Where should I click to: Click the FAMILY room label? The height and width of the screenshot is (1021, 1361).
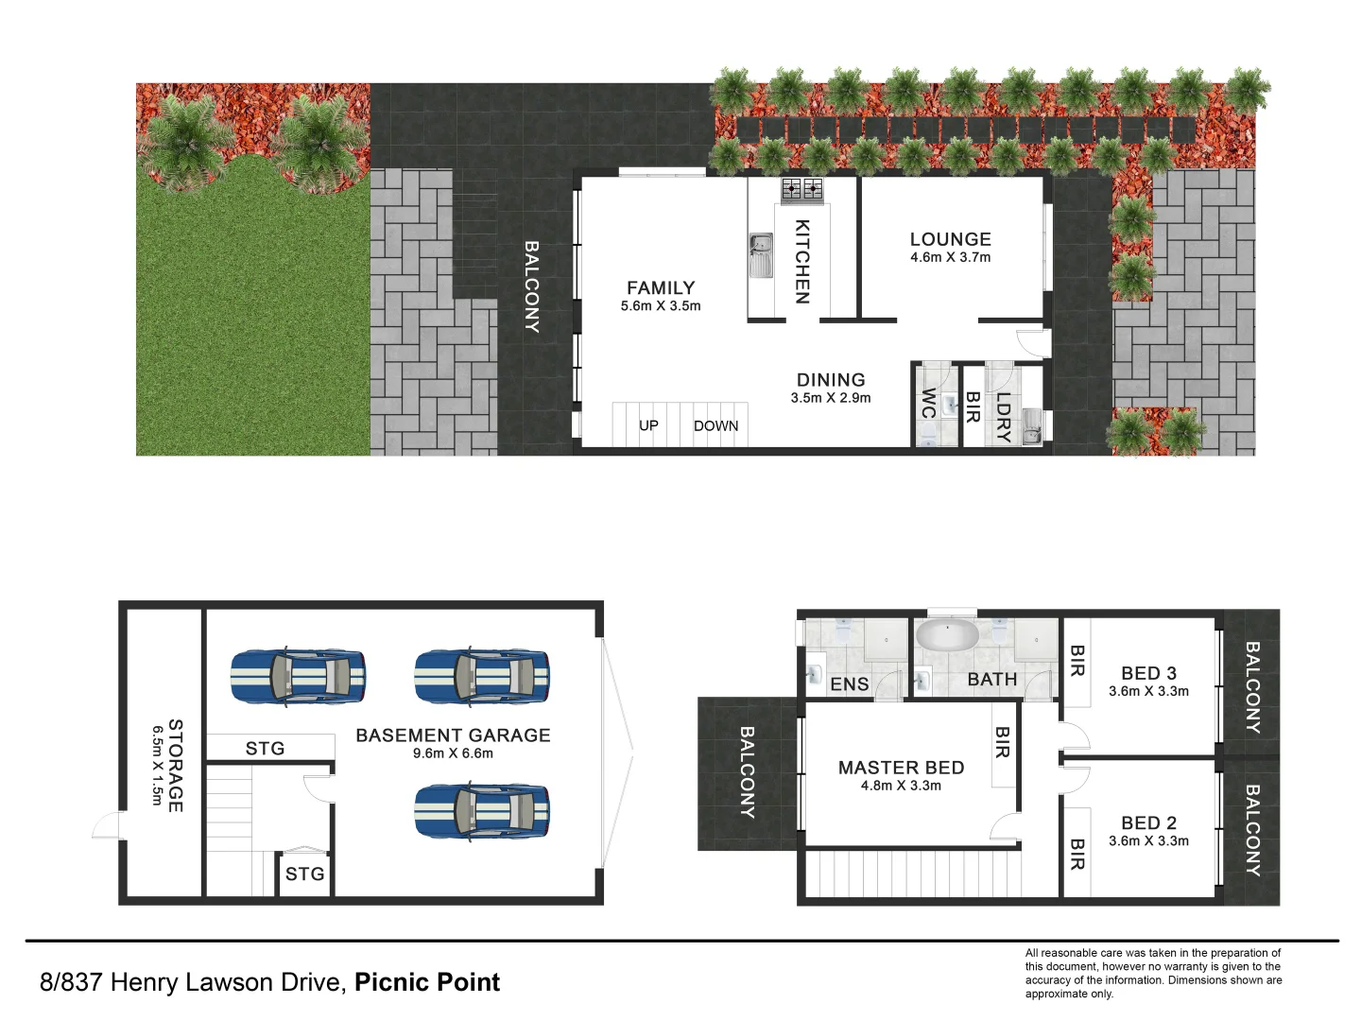coord(661,287)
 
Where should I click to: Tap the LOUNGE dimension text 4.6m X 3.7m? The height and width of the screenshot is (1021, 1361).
coord(950,257)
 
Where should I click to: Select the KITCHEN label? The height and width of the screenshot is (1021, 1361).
coord(801,262)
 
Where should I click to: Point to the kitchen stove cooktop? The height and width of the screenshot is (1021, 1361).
coord(801,190)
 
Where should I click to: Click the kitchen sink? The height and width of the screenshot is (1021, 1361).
coord(760,255)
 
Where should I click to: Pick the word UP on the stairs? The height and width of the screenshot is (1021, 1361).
coord(648,425)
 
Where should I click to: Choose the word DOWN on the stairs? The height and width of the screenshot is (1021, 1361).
coord(715,425)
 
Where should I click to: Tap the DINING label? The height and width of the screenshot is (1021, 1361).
coord(831,380)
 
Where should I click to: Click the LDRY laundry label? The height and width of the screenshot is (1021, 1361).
coord(1003,417)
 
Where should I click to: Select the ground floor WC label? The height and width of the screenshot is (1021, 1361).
coord(928,404)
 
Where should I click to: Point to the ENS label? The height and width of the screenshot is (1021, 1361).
coord(849,684)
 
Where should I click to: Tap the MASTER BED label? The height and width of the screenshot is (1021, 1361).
coord(901,768)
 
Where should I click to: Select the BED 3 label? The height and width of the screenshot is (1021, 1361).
coord(1148,673)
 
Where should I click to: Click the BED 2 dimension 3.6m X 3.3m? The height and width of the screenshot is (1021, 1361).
coord(1148,840)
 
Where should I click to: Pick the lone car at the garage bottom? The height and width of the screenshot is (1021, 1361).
coord(482,811)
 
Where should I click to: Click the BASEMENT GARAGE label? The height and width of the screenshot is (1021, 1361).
coord(453,735)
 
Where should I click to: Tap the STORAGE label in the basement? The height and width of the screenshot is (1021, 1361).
coord(175,765)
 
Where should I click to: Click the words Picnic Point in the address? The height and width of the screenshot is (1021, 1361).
coord(427,982)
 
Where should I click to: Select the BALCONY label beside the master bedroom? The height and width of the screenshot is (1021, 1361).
coord(746,772)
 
